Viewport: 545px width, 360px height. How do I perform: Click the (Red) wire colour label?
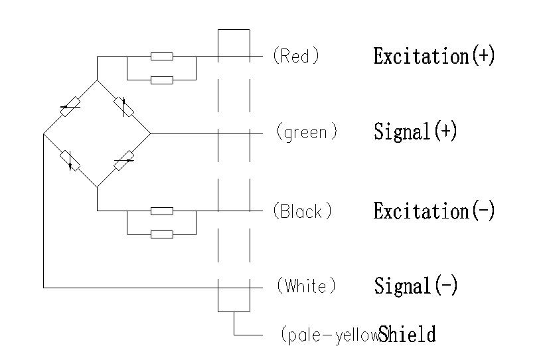tap(296, 56)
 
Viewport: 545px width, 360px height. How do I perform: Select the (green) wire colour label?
tap(306, 133)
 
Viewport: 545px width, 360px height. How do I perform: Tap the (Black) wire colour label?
tap(301, 212)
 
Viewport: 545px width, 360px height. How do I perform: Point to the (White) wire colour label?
tap(305, 287)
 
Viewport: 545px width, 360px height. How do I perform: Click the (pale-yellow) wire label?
tap(328, 335)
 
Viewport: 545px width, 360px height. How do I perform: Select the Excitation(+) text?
tap(434, 56)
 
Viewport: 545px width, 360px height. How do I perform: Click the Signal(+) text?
tap(416, 132)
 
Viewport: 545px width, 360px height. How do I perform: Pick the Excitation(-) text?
tap(433, 211)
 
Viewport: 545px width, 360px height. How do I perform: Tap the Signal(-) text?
tap(416, 286)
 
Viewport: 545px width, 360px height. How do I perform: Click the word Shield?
tap(407, 334)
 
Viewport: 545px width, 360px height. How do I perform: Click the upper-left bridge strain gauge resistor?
tap(70, 106)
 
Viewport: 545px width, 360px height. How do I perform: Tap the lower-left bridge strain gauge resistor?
tap(70, 160)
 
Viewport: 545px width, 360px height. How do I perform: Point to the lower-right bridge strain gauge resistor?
tap(123, 160)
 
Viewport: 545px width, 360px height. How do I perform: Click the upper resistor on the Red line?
tap(162, 56)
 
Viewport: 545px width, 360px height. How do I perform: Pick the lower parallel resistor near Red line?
tap(162, 80)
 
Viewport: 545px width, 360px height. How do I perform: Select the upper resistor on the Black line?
tap(162, 211)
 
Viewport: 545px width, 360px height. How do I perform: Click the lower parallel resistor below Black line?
tap(162, 234)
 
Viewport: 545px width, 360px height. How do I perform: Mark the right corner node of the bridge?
tap(150, 134)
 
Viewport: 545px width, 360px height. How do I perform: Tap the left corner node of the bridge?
tap(44, 134)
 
